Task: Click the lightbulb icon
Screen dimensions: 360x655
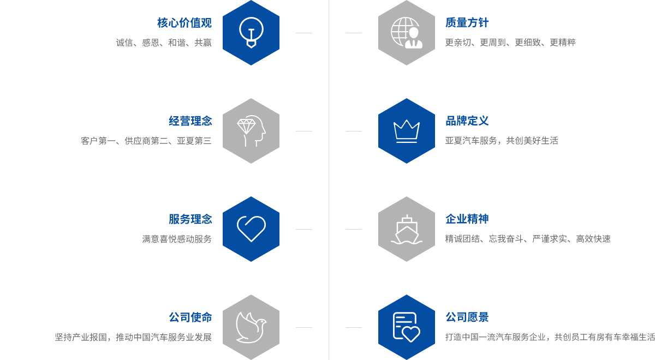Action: pos(251,32)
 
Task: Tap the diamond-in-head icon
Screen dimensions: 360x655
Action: pos(251,130)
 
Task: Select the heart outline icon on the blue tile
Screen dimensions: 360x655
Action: pos(251,229)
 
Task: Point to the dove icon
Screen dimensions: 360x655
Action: pos(251,327)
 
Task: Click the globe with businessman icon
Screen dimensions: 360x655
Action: pos(406,32)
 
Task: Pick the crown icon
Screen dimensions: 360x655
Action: pos(406,131)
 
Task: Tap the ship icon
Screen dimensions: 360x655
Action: pos(406,229)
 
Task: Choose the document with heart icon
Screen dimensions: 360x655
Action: pos(406,327)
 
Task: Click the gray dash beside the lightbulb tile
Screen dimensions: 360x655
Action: pos(304,33)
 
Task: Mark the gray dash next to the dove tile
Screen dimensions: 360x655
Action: pos(304,327)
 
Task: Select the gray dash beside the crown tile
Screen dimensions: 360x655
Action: pos(353,131)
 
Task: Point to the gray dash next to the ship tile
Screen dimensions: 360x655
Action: pos(353,229)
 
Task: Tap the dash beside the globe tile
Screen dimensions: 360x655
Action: pos(353,33)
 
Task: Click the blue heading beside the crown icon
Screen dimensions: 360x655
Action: pos(467,121)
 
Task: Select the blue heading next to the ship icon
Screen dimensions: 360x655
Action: pos(467,219)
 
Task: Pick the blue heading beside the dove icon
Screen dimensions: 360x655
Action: pos(190,317)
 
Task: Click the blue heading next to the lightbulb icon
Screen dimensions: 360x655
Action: pos(184,22)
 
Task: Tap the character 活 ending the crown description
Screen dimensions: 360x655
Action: pos(554,141)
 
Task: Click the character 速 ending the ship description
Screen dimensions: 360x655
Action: pos(606,239)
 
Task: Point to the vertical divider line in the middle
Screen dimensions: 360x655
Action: pos(329,180)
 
